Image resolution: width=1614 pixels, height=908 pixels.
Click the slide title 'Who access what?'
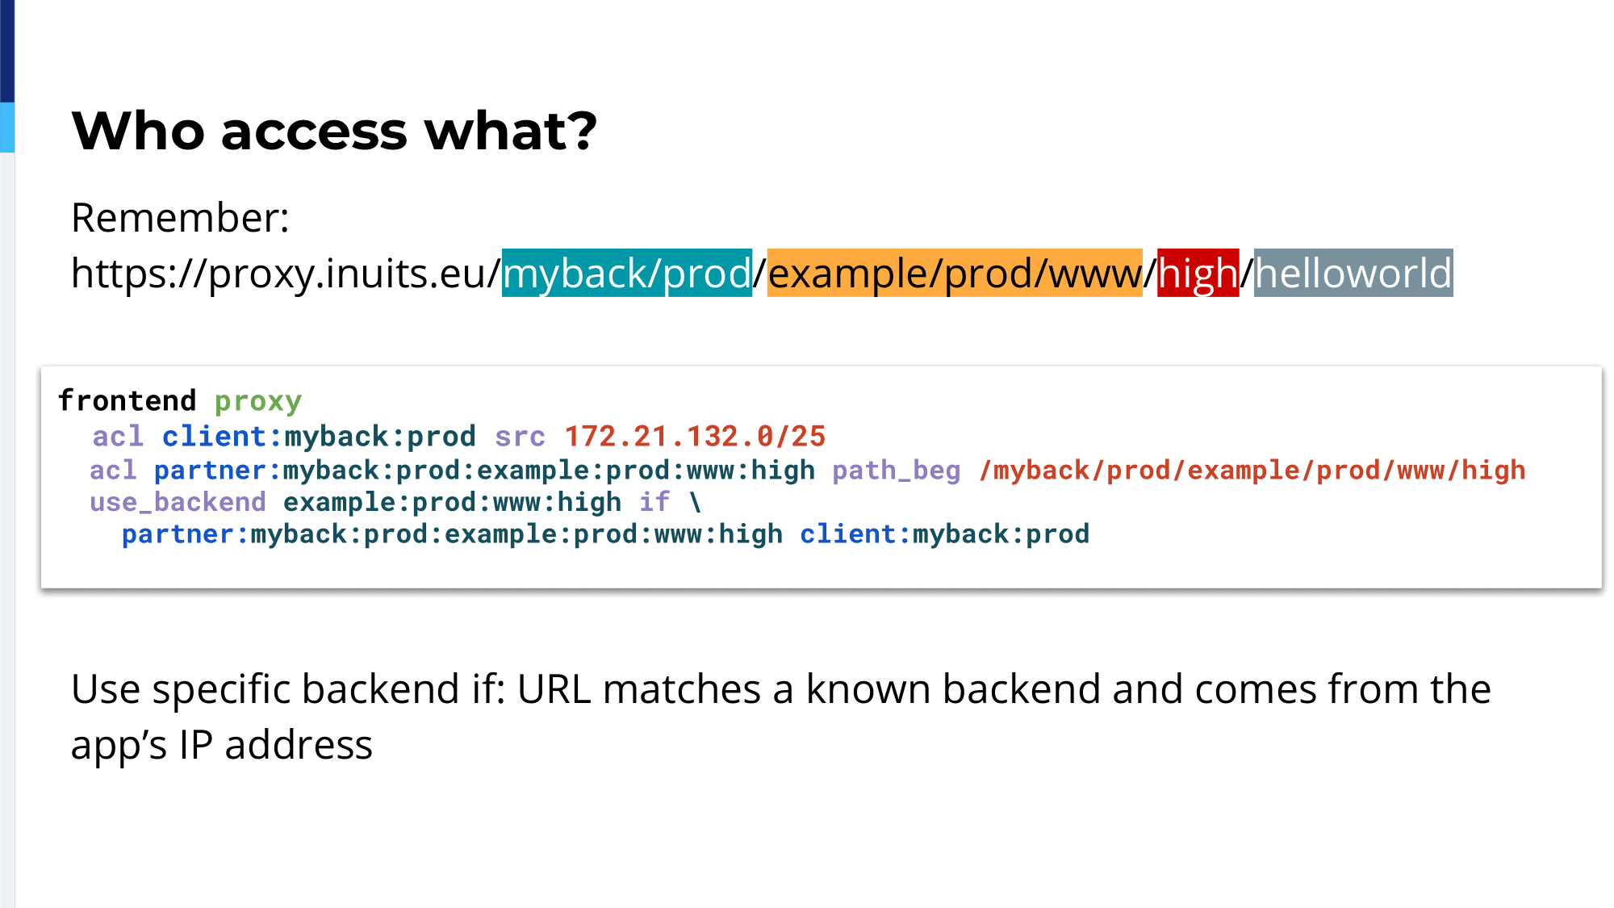click(334, 131)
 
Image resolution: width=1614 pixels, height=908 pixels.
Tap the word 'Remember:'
click(180, 218)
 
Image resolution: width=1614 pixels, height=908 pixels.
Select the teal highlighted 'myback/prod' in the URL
click(627, 273)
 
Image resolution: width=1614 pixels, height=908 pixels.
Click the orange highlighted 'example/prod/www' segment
click(955, 273)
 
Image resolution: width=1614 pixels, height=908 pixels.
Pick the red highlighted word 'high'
click(1198, 273)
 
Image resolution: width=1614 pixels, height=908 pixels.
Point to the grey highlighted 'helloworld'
click(1353, 273)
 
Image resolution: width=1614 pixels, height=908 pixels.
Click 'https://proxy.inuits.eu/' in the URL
click(286, 273)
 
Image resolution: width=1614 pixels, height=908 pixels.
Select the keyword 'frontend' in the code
click(127, 400)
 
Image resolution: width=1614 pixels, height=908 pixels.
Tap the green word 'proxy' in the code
click(258, 402)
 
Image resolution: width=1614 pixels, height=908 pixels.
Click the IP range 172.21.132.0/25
click(695, 437)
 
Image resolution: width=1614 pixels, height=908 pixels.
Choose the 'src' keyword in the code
click(520, 437)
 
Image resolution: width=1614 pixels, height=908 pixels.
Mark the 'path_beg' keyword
click(897, 471)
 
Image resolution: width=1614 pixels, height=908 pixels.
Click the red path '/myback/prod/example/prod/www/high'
click(1252, 470)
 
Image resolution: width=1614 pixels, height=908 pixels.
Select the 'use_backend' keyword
click(178, 502)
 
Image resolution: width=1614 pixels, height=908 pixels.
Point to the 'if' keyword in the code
click(654, 502)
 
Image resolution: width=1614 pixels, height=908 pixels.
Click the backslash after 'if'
click(695, 502)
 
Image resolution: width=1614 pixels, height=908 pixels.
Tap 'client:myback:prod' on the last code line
click(944, 534)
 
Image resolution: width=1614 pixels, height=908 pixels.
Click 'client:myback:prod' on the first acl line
click(319, 437)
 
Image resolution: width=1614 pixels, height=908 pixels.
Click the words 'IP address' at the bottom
click(276, 744)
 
